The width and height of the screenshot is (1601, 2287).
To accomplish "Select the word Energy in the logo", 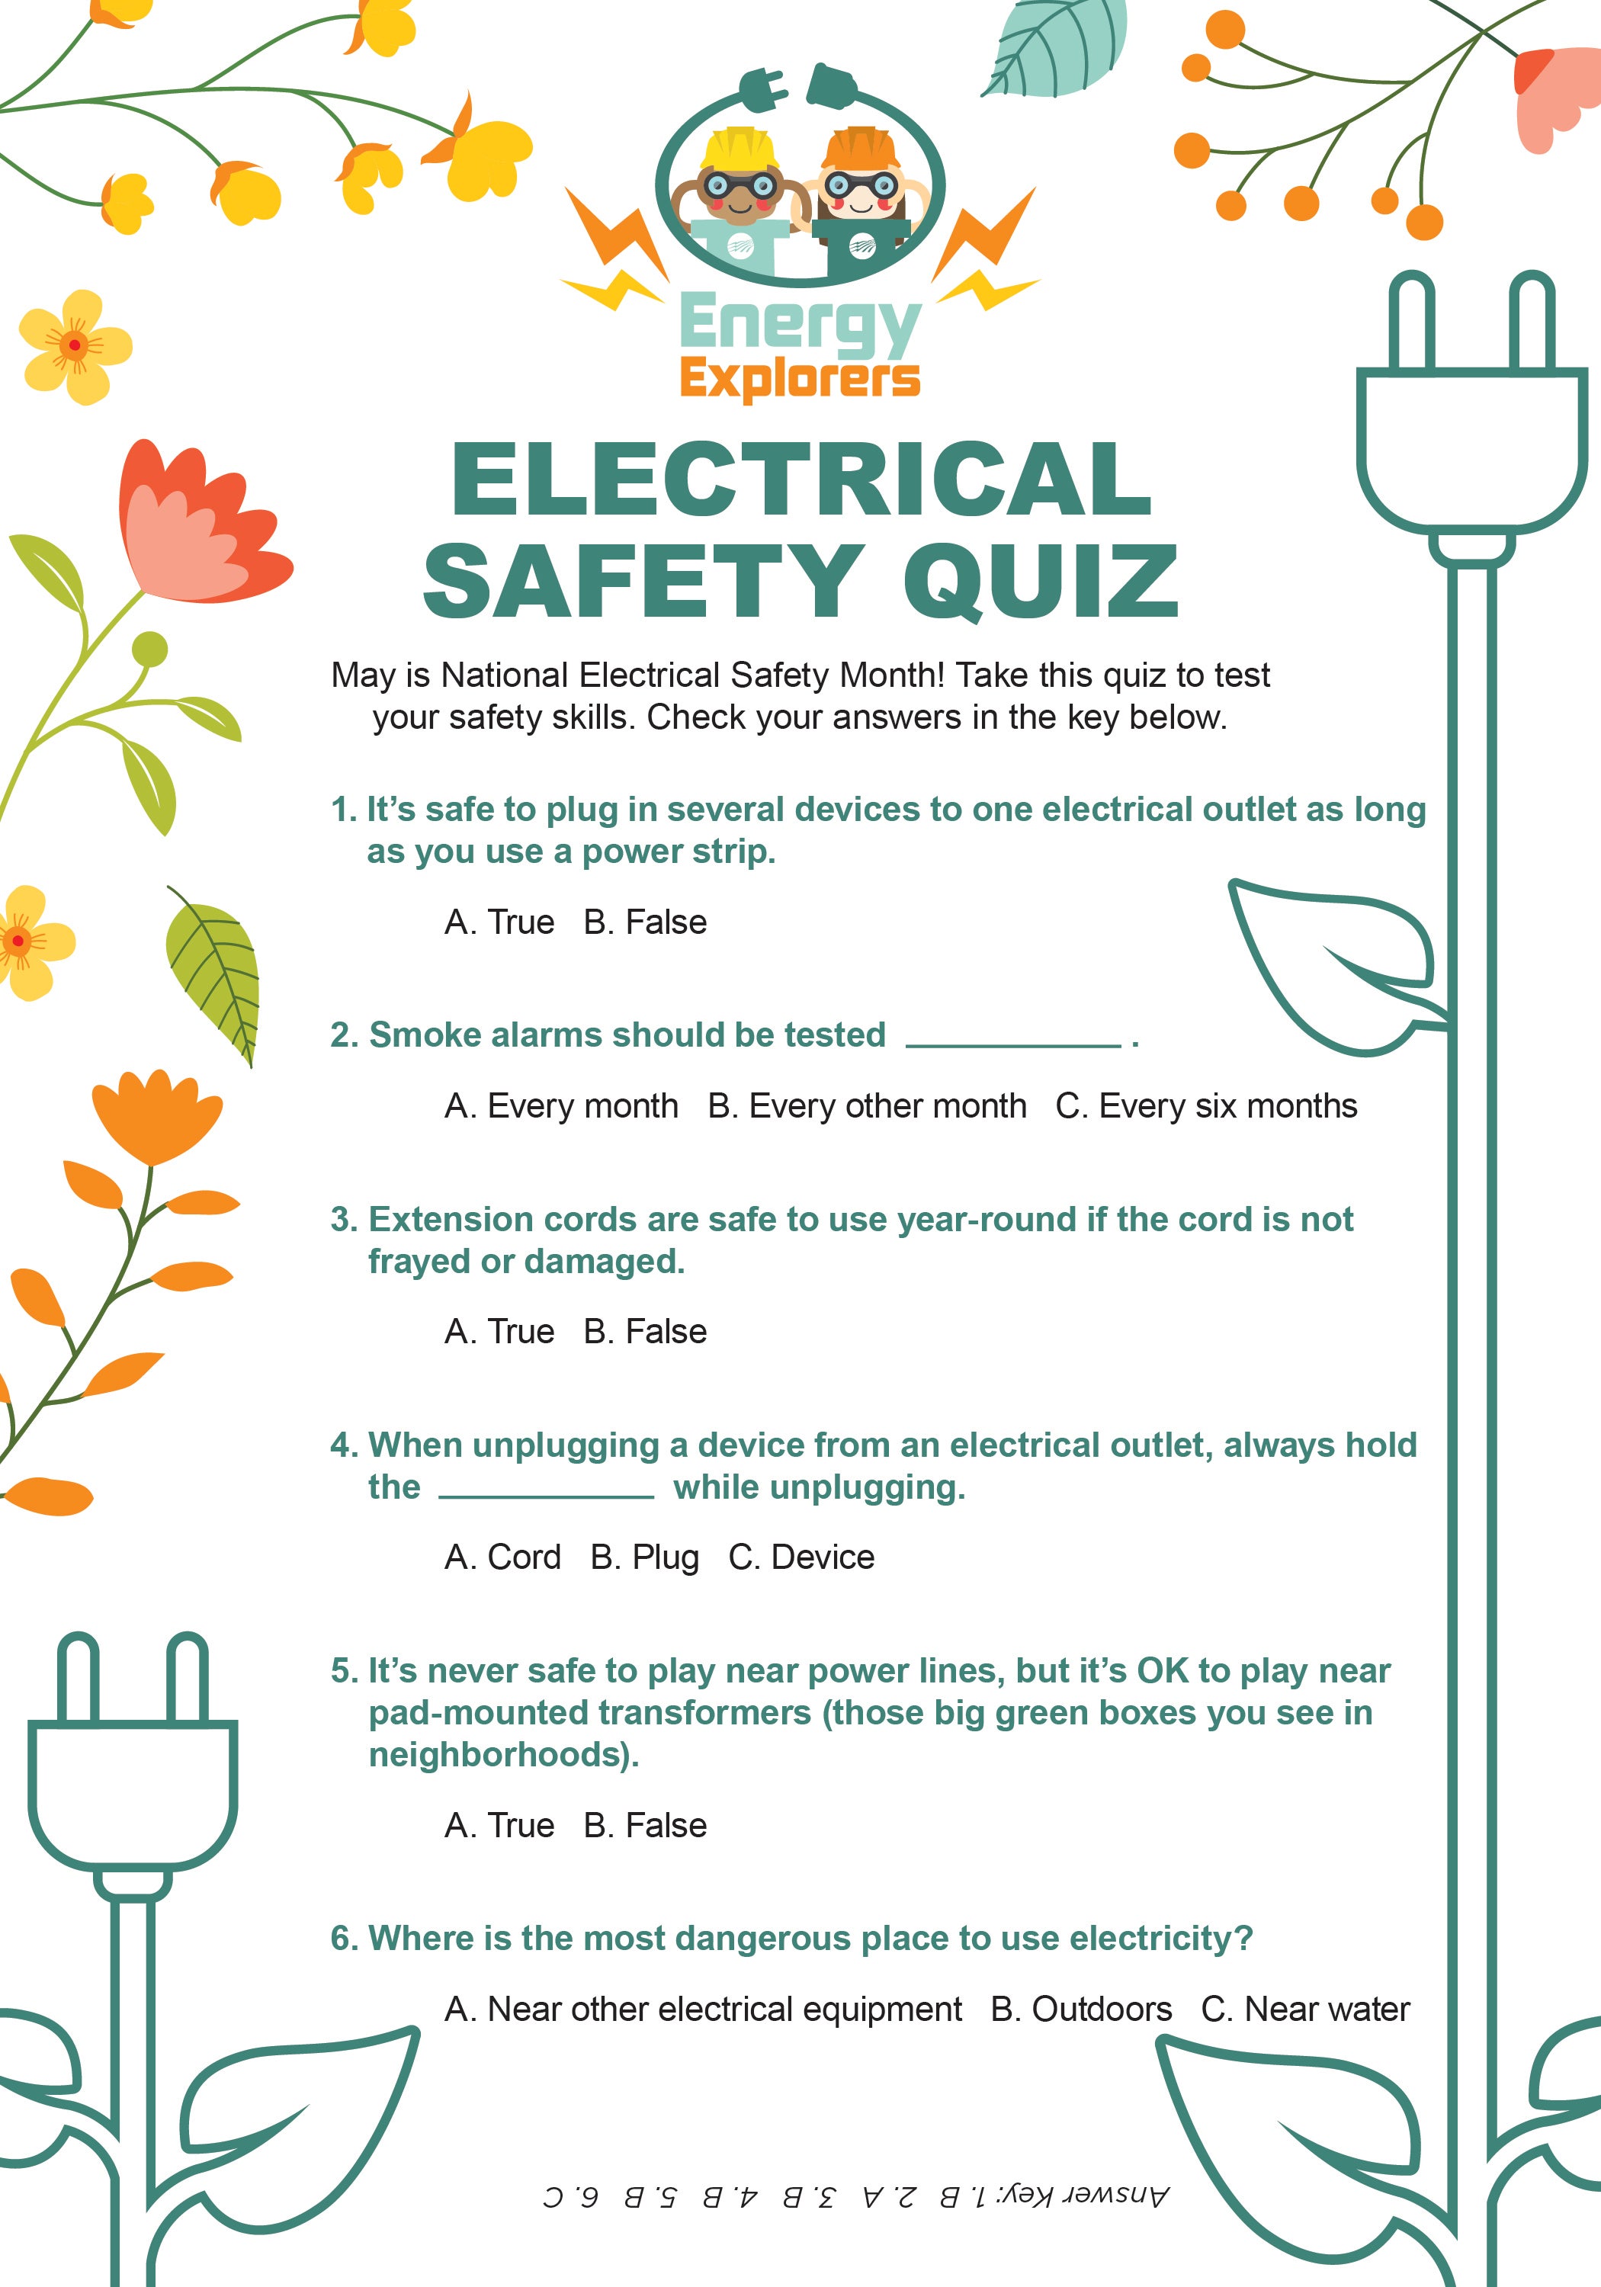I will pos(799,325).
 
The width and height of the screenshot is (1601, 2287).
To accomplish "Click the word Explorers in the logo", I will pos(799,380).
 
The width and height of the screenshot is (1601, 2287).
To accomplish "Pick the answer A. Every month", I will pos(561,1105).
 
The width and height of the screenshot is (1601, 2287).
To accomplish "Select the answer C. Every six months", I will pos(1205,1105).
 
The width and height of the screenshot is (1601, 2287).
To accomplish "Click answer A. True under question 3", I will pos(499,1331).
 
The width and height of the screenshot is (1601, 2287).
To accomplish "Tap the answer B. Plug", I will pos(644,1557).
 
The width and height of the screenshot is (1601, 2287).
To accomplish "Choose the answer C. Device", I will pos(801,1557).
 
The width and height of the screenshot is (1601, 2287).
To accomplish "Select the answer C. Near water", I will pos(1305,2009).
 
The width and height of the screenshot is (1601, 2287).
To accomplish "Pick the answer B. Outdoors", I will pos(1081,2009).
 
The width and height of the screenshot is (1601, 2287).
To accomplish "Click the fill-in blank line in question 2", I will pos(1013,1043).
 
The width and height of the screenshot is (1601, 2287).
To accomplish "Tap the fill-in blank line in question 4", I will pos(546,1494).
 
